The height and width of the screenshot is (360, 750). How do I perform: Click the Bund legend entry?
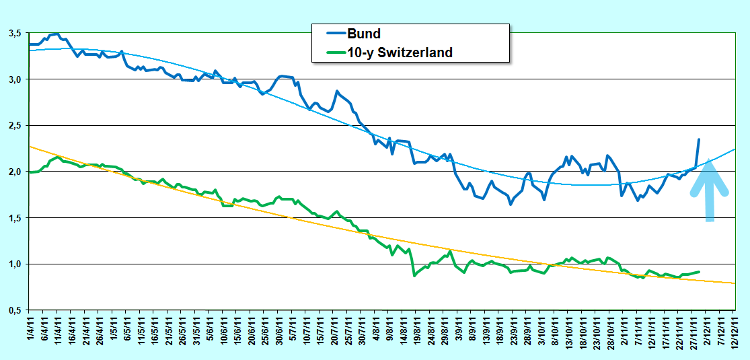pyautogui.click(x=364, y=34)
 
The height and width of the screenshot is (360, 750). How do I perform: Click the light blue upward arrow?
pyautogui.click(x=710, y=192)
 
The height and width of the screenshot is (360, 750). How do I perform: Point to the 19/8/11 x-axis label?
pyautogui.click(x=416, y=330)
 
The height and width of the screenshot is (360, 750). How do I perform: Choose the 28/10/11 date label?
pyautogui.click(x=609, y=330)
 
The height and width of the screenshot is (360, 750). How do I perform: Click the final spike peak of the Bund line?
pyautogui.click(x=699, y=139)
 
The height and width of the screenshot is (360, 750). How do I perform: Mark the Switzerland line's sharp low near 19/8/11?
pyautogui.click(x=414, y=276)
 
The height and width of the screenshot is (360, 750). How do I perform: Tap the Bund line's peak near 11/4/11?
pyautogui.click(x=58, y=34)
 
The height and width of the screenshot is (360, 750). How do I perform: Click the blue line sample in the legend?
pyautogui.click(x=336, y=34)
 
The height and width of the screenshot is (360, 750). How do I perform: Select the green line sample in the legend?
pyautogui.click(x=336, y=52)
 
